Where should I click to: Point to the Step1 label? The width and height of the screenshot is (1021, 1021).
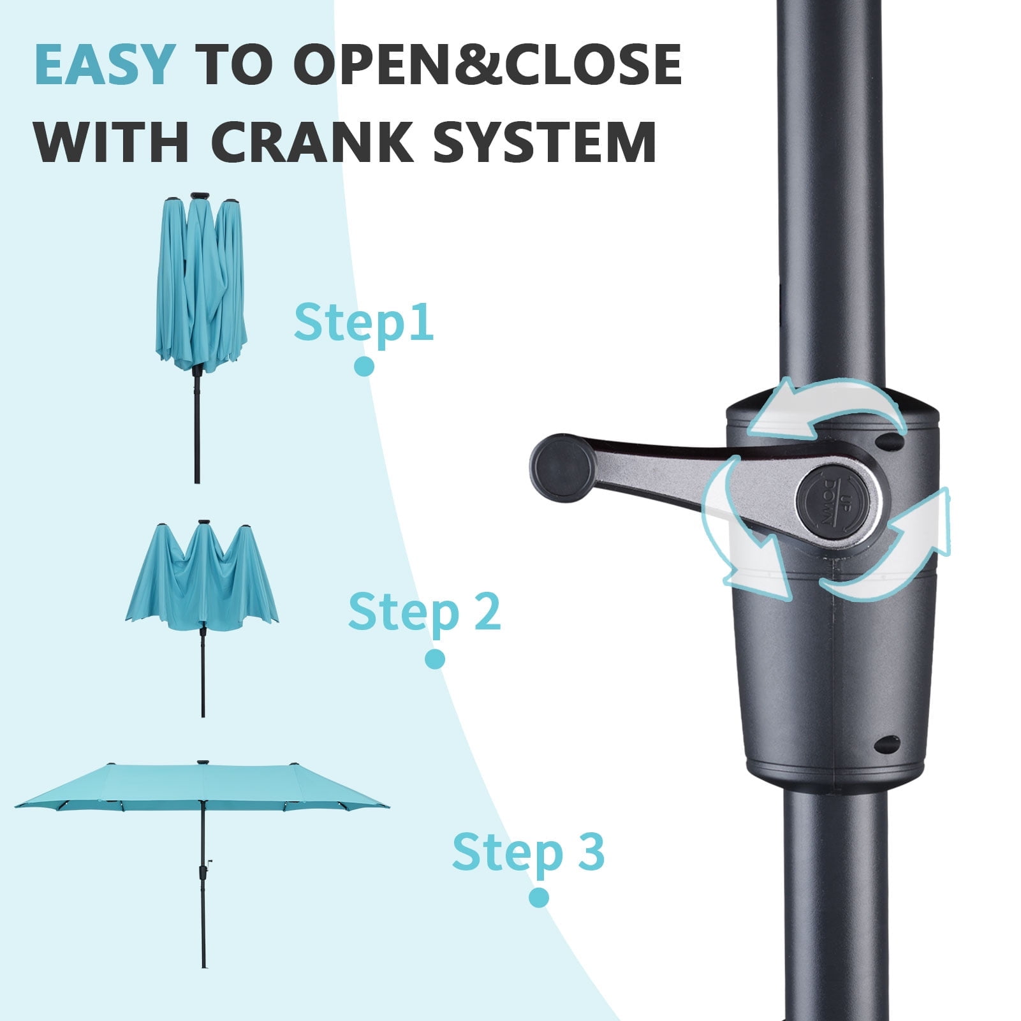(364, 323)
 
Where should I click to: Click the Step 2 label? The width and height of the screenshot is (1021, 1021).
(424, 612)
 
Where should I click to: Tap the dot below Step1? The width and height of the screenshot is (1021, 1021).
(364, 366)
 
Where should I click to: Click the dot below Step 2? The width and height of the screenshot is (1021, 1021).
(434, 659)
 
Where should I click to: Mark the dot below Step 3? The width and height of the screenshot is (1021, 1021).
(539, 898)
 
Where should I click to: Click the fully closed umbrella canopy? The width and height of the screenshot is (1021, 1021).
(201, 284)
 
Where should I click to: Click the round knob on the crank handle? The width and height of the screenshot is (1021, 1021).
(563, 467)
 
